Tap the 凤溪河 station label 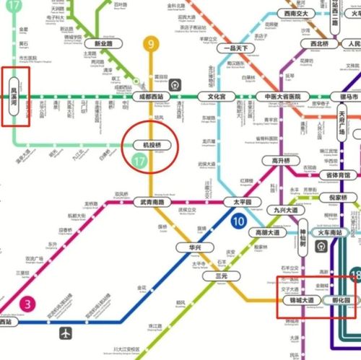tap(13, 97)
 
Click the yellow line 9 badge tap(151, 45)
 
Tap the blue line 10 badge tap(238, 222)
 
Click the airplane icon tap(66, 333)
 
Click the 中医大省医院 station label tap(287, 96)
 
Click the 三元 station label tap(220, 276)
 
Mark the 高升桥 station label tap(277, 161)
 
